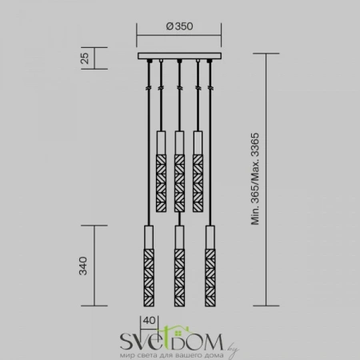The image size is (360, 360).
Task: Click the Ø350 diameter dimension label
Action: [180, 26]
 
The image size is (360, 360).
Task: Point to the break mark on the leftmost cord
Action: [147, 85]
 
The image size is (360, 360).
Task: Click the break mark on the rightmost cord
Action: [211, 85]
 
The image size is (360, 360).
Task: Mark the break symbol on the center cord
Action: [179, 85]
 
